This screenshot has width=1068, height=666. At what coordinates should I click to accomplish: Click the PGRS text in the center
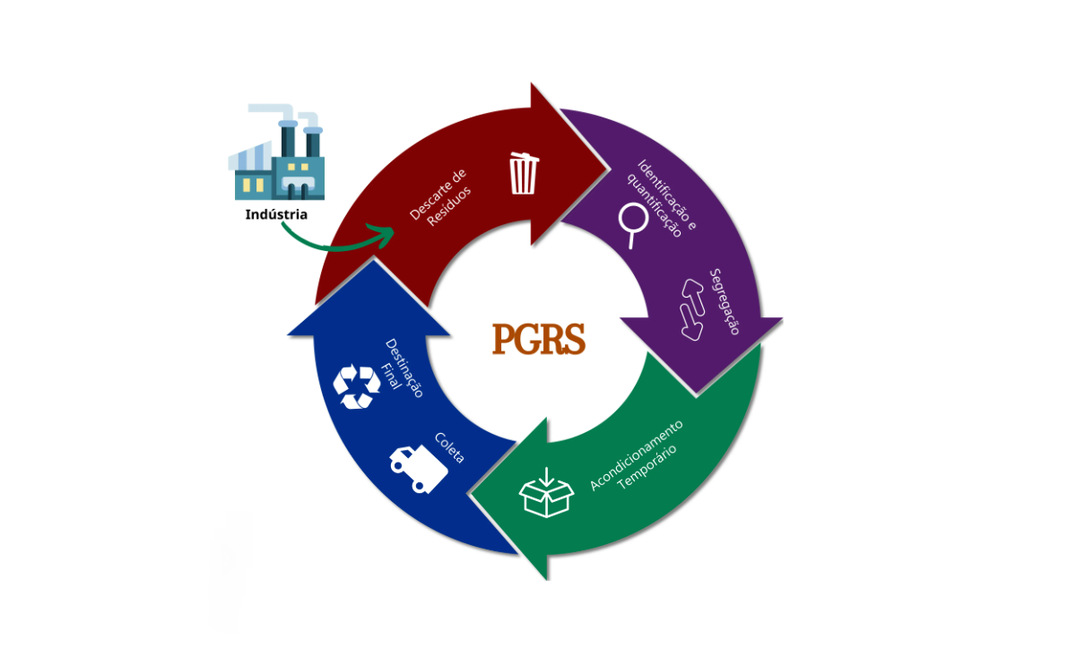coord(538,340)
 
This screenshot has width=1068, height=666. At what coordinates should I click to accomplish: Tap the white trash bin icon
coord(524,173)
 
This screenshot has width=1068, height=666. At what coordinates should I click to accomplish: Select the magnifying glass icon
coord(634,223)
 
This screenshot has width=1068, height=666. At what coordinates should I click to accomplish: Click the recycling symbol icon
coord(356,385)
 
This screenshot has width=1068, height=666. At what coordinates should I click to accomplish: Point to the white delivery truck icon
coord(416,467)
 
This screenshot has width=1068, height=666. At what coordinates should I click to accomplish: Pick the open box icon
coord(546,492)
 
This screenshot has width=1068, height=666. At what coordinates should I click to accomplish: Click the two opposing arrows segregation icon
coord(693,308)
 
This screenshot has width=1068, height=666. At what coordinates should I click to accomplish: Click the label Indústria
coord(276,215)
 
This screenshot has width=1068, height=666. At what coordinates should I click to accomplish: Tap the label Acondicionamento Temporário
coord(635,456)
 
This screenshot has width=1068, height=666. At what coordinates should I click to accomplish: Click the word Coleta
coord(449,446)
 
